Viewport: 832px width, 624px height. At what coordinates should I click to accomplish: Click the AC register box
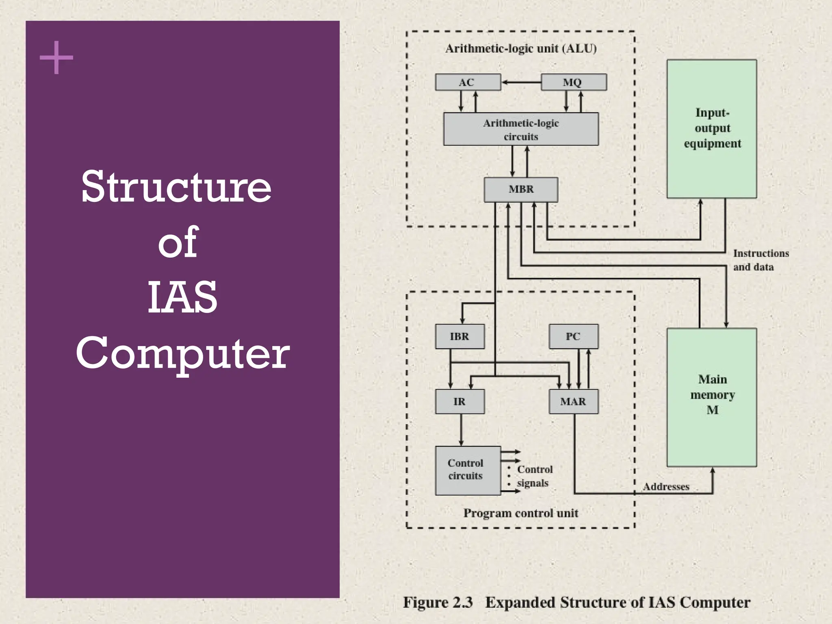tap(468, 82)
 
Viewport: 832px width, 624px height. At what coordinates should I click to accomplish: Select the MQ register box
tap(573, 82)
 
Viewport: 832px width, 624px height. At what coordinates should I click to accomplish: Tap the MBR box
tap(521, 189)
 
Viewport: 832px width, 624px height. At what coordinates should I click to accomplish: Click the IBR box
tap(459, 336)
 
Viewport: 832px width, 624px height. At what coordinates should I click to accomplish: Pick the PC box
tap(573, 336)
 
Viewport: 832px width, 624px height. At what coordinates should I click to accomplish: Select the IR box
tap(459, 401)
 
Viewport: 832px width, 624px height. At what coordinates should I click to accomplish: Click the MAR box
tap(573, 401)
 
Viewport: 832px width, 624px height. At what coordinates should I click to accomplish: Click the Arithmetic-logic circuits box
tap(521, 129)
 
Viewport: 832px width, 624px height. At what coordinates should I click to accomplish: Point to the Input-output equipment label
tap(712, 128)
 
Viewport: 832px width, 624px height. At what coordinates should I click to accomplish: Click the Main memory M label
tap(712, 394)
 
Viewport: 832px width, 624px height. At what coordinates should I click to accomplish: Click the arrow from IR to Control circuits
tap(461, 430)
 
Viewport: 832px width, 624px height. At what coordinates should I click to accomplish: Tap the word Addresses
tap(666, 487)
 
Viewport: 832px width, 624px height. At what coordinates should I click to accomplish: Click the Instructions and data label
tap(760, 260)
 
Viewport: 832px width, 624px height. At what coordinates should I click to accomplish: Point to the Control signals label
tap(534, 476)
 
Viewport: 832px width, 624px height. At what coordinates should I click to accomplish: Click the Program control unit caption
tap(521, 513)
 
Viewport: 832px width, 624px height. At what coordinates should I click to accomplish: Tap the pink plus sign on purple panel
tap(56, 57)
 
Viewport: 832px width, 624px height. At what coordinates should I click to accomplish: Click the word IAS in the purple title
tap(182, 297)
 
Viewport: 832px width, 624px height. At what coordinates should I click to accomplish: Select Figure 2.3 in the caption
tap(438, 602)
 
